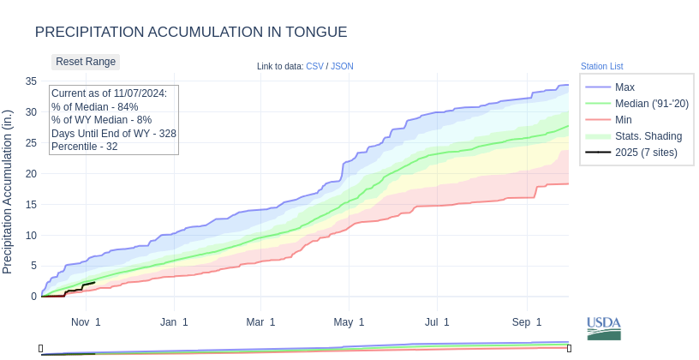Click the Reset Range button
tap(86, 62)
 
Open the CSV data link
tap(314, 67)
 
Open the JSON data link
tap(342, 67)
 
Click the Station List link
tap(601, 67)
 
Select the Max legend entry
tap(624, 87)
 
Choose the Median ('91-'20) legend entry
tap(651, 104)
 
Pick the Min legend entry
tap(624, 120)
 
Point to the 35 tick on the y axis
tap(31, 81)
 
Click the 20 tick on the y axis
tap(31, 174)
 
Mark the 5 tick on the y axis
tap(33, 266)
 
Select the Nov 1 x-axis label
tap(86, 322)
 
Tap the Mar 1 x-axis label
tap(260, 322)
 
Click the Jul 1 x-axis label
tap(437, 322)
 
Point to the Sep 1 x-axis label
tap(527, 322)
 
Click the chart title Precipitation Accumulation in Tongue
tap(191, 33)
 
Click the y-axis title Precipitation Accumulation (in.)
tap(9, 192)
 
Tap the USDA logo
tap(604, 328)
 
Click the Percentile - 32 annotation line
tap(85, 147)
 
